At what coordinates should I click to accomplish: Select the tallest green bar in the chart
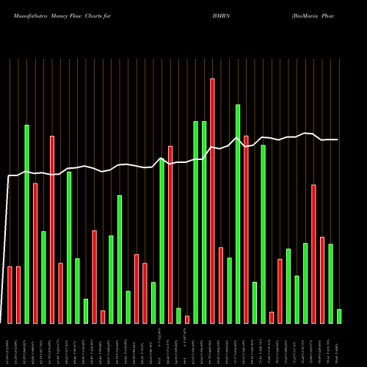pyautogui.click(x=238, y=214)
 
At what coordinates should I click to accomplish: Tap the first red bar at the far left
pyautogui.click(x=10, y=294)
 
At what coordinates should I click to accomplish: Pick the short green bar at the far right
pyautogui.click(x=339, y=316)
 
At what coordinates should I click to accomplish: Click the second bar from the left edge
pyautogui.click(x=18, y=294)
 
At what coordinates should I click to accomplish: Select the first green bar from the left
pyautogui.click(x=27, y=224)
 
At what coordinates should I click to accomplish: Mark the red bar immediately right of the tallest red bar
pyautogui.click(x=221, y=285)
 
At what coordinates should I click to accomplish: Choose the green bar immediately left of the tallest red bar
pyautogui.click(x=204, y=222)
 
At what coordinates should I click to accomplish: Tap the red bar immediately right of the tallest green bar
pyautogui.click(x=246, y=229)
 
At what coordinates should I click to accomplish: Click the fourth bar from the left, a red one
pyautogui.click(x=35, y=252)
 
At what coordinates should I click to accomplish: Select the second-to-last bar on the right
pyautogui.click(x=331, y=283)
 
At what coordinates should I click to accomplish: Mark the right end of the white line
pyautogui.click(x=338, y=139)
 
